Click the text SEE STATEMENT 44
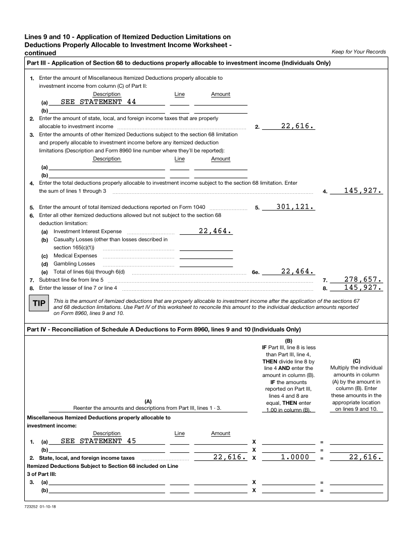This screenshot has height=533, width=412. [98, 101]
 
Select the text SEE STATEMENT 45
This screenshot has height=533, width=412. [98, 441]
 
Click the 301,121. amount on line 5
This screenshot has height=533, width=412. [295, 206]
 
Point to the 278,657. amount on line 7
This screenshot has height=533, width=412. [363, 279]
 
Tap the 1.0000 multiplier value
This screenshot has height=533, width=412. [295, 457]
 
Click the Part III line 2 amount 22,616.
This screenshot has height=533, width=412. [298, 126]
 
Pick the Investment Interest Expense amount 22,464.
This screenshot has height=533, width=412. [215, 231]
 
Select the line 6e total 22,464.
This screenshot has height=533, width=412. [298, 271]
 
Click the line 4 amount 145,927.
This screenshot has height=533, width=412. [363, 191]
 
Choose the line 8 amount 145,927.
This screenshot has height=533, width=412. [363, 288]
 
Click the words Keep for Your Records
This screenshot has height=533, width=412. [358, 52]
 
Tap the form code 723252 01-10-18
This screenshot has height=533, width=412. [40, 506]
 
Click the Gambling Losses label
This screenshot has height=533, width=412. [74, 263]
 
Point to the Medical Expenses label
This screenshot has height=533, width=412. [75, 255]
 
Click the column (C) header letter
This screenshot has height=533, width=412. [356, 361]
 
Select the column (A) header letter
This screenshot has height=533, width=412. [148, 401]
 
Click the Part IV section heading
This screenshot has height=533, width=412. [164, 330]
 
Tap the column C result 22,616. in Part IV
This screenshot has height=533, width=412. [366, 457]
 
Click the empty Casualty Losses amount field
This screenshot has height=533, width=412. [206, 247]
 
